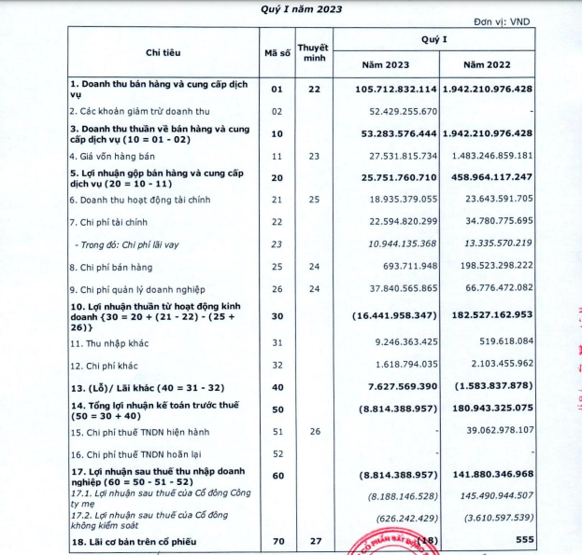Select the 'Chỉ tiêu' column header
pos(166,50)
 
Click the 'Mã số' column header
pos(277,52)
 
